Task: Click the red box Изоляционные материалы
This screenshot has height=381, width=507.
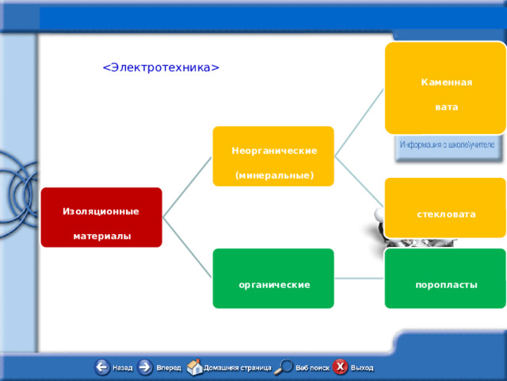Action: click(x=101, y=217)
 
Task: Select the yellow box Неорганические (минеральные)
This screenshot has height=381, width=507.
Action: click(x=273, y=156)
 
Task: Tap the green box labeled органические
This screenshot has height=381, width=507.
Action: click(x=273, y=279)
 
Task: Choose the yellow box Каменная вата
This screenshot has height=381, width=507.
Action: click(x=445, y=88)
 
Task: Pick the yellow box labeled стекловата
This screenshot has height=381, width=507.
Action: click(x=445, y=208)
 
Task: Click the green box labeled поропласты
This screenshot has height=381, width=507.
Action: click(x=445, y=279)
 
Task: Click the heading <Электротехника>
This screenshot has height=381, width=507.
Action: click(x=161, y=67)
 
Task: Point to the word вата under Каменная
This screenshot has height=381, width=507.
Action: click(x=446, y=107)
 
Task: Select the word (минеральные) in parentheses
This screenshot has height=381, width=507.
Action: click(x=274, y=175)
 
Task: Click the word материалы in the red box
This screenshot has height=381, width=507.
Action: click(x=101, y=237)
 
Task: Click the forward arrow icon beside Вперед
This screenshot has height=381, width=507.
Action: click(x=146, y=367)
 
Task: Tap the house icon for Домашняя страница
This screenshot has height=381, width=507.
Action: click(x=194, y=367)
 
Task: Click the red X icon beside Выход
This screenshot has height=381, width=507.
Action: click(x=340, y=367)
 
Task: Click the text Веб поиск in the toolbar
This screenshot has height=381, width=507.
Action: click(x=313, y=368)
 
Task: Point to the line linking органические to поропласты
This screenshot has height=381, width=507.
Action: click(x=359, y=279)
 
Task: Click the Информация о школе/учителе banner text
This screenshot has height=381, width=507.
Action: click(x=448, y=145)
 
